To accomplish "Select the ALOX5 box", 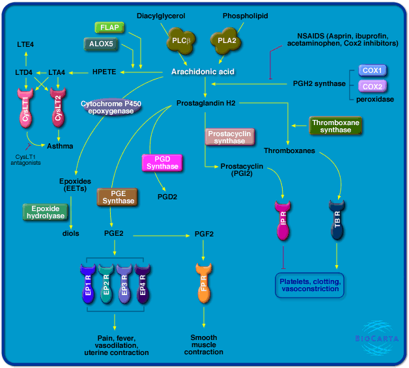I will click(x=101, y=44).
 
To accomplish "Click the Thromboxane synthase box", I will click(x=335, y=126).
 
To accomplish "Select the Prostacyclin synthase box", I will click(x=229, y=137).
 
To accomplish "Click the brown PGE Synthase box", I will click(x=117, y=197).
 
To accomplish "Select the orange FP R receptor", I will click(x=204, y=284).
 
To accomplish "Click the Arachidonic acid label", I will click(x=203, y=72).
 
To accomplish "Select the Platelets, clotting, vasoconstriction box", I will click(x=309, y=285).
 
